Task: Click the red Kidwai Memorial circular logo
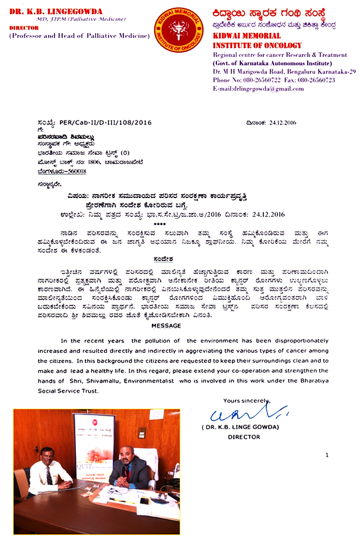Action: coord(179,29)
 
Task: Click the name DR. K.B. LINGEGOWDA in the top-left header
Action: coord(51,11)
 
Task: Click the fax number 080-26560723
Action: coord(318,80)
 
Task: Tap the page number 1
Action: coord(326,455)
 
